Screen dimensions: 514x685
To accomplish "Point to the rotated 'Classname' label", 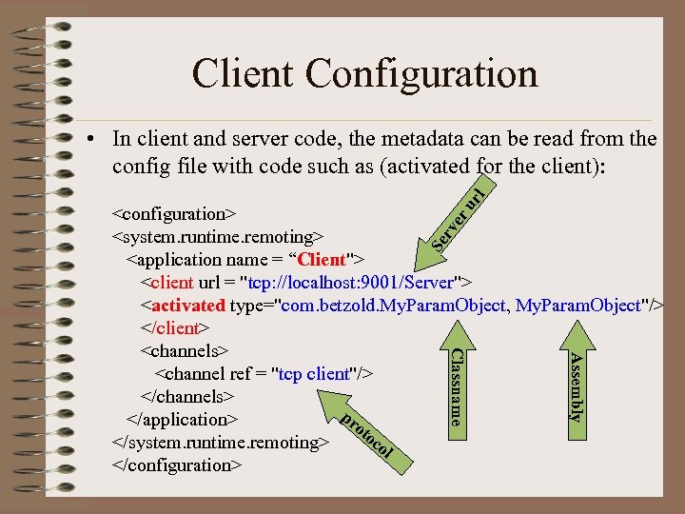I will click(x=457, y=385).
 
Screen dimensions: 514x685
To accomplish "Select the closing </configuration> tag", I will click(x=178, y=465).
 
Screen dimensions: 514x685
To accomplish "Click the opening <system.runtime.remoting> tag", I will click(x=218, y=236).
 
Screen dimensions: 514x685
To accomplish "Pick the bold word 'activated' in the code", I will click(x=187, y=305).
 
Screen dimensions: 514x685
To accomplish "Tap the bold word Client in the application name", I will click(x=323, y=259).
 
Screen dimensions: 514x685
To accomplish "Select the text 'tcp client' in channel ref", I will click(x=311, y=373).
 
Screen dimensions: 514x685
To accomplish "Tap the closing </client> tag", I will click(x=171, y=327).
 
